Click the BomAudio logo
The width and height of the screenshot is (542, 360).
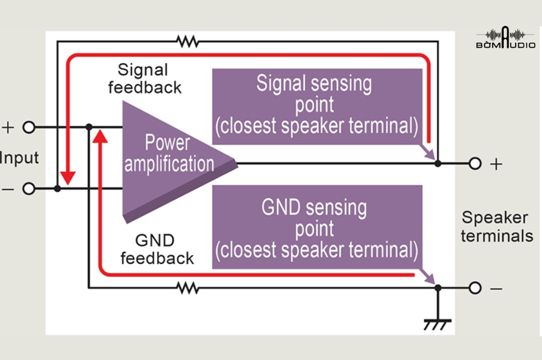506,38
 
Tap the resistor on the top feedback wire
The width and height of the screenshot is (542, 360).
188,41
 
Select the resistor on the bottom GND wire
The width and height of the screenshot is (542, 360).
188,288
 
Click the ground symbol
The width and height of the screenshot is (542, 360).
438,325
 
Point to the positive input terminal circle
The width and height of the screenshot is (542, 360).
29,127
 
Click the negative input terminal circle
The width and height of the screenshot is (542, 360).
29,188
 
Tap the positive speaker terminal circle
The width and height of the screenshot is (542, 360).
475,163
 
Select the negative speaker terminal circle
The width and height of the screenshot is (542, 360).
475,288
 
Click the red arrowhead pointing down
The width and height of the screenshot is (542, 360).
67,178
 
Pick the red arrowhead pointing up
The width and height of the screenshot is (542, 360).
100,136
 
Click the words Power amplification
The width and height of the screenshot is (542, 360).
169,153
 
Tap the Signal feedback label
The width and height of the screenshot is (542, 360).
145,79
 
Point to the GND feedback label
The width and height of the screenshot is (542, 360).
157,250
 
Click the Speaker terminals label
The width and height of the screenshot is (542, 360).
497,227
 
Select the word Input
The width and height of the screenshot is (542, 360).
19,158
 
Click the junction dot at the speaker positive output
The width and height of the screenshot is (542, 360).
438,163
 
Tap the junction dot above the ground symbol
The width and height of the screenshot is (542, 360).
438,288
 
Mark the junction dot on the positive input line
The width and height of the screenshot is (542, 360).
89,127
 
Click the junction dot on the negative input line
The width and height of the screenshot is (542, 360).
57,188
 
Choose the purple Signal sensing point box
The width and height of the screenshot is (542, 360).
317,107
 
